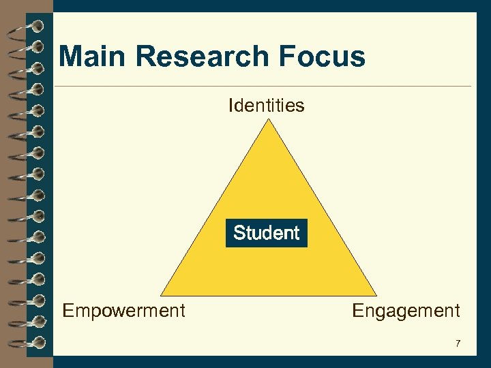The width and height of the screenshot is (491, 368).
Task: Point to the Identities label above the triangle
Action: point(267,106)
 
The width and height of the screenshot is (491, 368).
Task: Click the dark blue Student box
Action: point(267,233)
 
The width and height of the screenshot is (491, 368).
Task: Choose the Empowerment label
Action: point(123,311)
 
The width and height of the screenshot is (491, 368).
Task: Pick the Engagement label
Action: point(406,311)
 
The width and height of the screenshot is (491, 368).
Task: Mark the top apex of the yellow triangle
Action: point(269,120)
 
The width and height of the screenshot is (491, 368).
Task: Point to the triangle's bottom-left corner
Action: point(162,294)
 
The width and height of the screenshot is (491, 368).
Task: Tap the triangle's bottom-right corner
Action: point(376,294)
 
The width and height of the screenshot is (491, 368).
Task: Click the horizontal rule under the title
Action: point(263,87)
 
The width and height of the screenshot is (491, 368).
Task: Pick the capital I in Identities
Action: point(232,106)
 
